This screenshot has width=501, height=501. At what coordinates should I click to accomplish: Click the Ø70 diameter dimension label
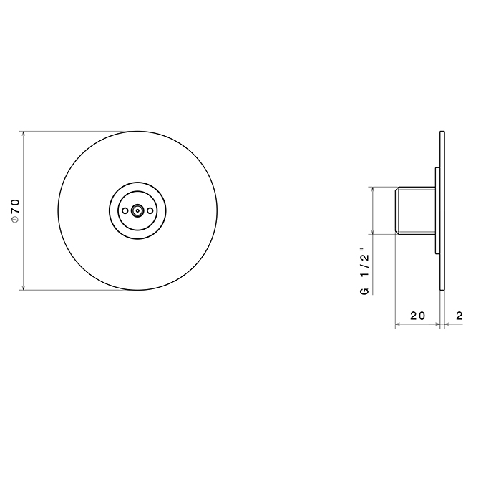point(15,210)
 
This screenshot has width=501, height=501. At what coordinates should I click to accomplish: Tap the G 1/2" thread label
point(364,271)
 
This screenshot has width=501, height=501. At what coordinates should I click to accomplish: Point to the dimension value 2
point(459,316)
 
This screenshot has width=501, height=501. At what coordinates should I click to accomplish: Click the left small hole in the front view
point(125,210)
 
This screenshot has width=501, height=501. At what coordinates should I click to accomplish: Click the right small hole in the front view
point(150,210)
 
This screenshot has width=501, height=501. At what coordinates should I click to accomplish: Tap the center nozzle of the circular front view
point(137,210)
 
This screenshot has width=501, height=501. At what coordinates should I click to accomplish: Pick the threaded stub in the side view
point(415,210)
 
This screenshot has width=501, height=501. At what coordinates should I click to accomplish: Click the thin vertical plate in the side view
point(443,210)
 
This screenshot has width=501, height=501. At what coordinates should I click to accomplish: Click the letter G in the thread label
point(364,291)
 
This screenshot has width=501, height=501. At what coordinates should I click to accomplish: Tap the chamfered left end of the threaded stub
point(397,210)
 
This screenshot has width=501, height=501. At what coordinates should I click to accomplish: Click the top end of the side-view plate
point(443,133)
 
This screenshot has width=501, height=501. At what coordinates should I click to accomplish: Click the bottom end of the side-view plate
point(443,288)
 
